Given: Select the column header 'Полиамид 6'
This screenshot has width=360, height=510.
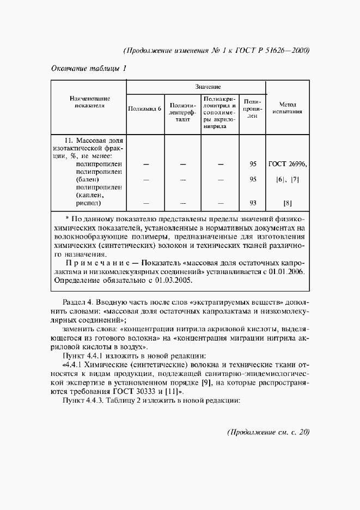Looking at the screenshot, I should click(x=144, y=109).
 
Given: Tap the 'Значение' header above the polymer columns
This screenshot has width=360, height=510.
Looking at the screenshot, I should click(x=208, y=87).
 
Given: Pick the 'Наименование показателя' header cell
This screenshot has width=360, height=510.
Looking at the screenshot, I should click(x=89, y=102).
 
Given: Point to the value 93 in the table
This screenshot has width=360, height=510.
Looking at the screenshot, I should click(x=253, y=203).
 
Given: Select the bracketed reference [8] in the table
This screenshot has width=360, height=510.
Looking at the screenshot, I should click(x=288, y=203).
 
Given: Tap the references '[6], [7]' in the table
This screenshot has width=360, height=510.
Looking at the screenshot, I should click(x=288, y=179).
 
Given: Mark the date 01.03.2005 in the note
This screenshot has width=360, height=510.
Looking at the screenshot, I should click(x=173, y=282).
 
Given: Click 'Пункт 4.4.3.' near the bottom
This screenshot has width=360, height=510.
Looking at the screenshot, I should click(x=83, y=402).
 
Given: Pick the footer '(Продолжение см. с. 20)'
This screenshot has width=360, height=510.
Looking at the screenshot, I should click(x=267, y=433).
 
